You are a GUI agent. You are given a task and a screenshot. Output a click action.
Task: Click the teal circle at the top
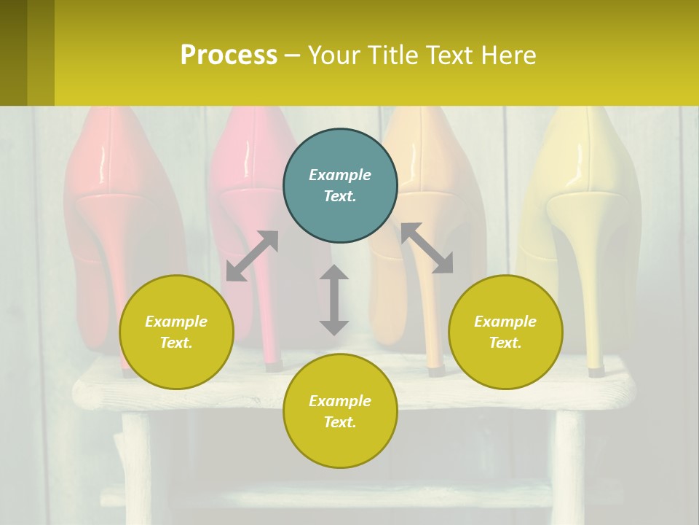[340, 186]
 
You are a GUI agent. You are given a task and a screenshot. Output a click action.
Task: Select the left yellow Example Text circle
[176, 332]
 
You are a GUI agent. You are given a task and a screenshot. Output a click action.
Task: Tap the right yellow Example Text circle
[505, 332]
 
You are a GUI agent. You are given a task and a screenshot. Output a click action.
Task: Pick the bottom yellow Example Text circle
[340, 411]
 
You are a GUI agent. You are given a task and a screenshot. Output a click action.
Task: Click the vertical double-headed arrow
[334, 300]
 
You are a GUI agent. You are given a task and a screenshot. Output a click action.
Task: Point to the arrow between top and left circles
[252, 256]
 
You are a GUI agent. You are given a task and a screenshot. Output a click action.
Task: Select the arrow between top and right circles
[427, 248]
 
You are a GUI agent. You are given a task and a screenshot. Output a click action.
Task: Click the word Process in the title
[229, 55]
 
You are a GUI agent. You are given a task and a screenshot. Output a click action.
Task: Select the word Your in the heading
[334, 55]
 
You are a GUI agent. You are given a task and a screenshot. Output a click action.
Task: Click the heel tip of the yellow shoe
[596, 371]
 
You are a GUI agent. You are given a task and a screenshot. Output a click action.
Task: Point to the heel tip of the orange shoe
[435, 370]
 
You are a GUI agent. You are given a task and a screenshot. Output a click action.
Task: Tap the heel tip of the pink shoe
[273, 365]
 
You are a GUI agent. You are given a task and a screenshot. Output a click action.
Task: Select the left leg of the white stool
[136, 467]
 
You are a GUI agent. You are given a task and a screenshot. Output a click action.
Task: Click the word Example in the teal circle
[340, 175]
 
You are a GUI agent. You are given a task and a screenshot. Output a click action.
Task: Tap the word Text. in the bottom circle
[340, 422]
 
